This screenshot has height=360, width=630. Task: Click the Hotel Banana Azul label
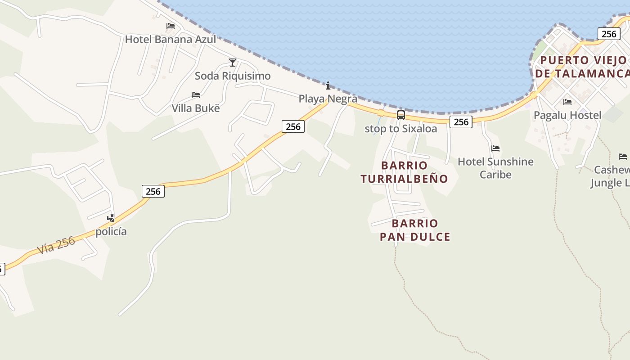170,39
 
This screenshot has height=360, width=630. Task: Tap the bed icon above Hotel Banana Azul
171,26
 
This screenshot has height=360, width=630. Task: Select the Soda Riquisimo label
233,76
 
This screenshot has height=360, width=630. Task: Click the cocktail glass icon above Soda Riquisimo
233,62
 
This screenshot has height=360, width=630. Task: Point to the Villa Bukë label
196,108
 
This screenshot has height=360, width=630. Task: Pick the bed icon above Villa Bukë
196,95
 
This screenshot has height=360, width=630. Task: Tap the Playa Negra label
328,99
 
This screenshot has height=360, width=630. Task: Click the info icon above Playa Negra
328,85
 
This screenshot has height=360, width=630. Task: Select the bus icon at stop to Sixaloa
400,115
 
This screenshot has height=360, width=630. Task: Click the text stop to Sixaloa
400,129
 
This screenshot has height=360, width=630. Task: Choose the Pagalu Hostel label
567,115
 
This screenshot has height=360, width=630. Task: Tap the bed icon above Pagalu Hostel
567,102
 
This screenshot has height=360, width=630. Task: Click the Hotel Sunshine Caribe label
495,168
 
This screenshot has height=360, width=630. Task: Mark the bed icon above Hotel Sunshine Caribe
495,148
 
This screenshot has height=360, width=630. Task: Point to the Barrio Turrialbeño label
404,172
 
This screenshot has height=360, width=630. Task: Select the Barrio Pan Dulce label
415,230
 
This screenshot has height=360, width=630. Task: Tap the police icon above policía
111,218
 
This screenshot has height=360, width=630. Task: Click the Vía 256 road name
56,245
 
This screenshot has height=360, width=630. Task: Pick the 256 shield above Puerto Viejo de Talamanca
608,34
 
